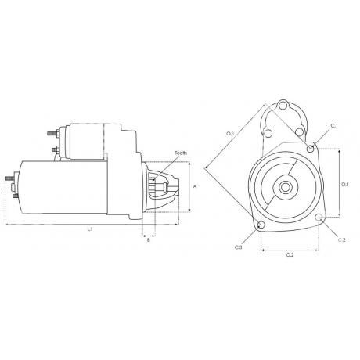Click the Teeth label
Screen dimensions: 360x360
point(181,153)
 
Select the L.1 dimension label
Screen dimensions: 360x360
point(90,229)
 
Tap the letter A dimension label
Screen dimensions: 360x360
point(194,186)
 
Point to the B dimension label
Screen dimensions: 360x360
point(149,240)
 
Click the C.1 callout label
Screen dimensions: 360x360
point(334,126)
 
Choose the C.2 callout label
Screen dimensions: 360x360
point(342,240)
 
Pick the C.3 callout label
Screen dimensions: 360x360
point(239,247)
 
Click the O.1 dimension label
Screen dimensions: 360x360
point(345,185)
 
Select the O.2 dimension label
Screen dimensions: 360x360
point(290,255)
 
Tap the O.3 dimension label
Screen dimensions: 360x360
point(230,134)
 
